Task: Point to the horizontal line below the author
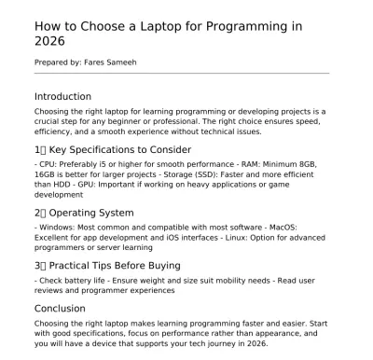point(181,73)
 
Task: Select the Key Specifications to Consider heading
point(118,149)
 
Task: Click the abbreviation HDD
point(58,185)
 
